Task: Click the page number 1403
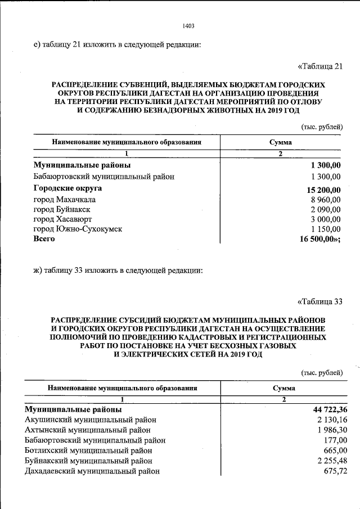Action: [188, 26]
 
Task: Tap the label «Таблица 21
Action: [319, 66]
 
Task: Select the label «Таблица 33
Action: [319, 301]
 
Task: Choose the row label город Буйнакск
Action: [62, 209]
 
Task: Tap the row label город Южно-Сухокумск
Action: [78, 229]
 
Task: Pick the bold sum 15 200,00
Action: [321, 189]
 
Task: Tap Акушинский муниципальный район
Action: [91, 420]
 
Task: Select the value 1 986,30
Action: [325, 430]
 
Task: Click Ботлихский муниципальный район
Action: [88, 451]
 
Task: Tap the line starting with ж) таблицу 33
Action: [118, 271]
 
